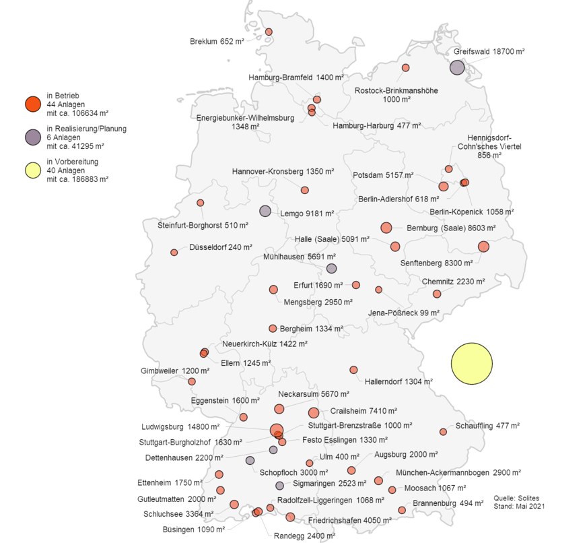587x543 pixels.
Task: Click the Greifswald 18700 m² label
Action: coord(489,51)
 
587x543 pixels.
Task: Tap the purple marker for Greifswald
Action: coord(457,67)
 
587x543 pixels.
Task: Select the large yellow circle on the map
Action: coord(472,363)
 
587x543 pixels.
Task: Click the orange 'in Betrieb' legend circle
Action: coord(32,104)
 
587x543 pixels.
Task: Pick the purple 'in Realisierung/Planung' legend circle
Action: coord(32,137)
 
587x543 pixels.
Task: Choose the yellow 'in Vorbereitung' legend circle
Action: coord(32,170)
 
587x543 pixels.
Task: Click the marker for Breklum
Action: coord(269,32)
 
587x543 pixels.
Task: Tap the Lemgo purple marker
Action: coord(265,211)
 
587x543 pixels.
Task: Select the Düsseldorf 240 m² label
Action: coord(215,247)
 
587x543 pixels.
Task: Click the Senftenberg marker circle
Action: coord(483,247)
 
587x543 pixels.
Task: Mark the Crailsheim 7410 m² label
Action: coord(364,410)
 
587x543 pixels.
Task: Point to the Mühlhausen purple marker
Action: coord(331,268)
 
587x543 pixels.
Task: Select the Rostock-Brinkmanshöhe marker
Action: coord(406,67)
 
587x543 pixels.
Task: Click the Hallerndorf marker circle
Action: coord(353,369)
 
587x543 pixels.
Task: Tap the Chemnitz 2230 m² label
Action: coord(453,281)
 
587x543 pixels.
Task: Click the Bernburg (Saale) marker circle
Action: coord(386,228)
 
